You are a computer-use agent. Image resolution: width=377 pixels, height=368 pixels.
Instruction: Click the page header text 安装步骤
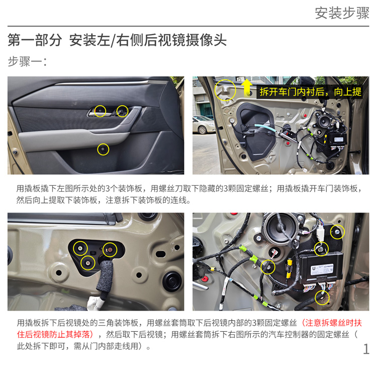point(342,13)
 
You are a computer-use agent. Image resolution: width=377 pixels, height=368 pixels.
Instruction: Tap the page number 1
point(366,349)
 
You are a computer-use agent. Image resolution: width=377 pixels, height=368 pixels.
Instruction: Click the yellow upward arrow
point(247,88)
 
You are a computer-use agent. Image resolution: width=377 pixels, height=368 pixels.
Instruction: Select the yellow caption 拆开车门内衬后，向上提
point(311,92)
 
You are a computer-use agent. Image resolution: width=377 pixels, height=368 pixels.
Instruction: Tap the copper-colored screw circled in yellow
point(110,250)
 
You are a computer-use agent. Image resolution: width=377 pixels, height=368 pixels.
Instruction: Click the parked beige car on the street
point(204,124)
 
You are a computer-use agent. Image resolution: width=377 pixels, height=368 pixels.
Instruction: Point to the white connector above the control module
point(320,232)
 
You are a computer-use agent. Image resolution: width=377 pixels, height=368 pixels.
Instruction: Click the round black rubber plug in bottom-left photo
point(172,280)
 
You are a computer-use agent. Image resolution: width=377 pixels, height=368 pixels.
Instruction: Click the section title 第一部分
point(35,40)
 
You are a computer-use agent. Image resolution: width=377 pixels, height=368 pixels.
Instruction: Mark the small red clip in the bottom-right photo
point(205,279)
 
